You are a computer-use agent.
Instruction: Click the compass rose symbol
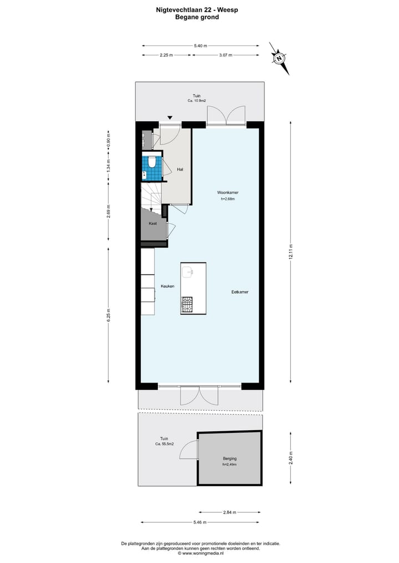(x=280, y=58)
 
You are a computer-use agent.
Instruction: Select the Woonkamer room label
(x=227, y=193)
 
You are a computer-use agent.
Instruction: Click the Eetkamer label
(x=240, y=291)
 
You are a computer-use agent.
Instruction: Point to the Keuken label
(x=168, y=286)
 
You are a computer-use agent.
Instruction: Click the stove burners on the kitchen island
(x=187, y=303)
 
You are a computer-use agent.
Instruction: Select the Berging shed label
(x=229, y=458)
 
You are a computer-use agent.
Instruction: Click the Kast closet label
(x=152, y=223)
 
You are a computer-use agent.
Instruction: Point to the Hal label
(x=180, y=169)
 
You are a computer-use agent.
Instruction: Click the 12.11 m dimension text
(x=290, y=252)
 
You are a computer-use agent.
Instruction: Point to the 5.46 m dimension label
(x=200, y=522)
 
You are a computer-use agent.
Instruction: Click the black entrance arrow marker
(x=170, y=117)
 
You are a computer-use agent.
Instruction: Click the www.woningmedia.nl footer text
(x=200, y=552)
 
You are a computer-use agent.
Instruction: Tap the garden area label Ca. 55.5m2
(x=165, y=444)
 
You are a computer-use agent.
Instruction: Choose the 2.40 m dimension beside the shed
(x=290, y=458)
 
